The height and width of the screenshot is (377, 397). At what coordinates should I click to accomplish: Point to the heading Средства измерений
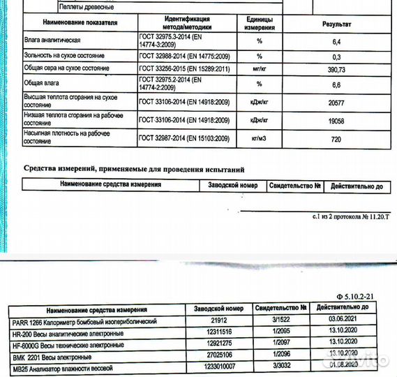click(133, 169)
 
